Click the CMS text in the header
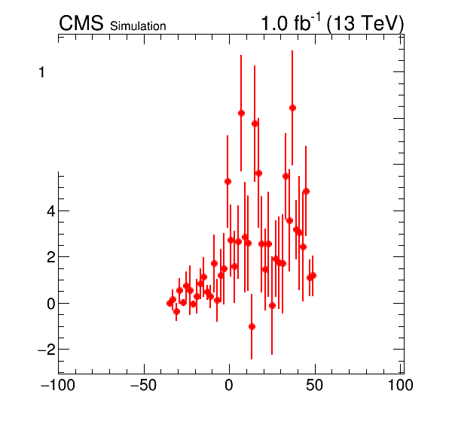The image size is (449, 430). tap(81, 23)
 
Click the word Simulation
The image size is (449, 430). tap(138, 26)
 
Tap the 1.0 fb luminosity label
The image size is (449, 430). tap(291, 23)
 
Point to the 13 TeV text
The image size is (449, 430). tap(365, 23)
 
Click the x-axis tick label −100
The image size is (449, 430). tap(58, 385)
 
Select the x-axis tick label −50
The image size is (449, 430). tap(143, 385)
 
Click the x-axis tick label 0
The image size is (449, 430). tap(229, 385)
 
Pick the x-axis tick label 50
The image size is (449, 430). tap(314, 385)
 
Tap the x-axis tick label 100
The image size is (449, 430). tap(400, 385)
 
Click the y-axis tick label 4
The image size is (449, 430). tap(51, 211)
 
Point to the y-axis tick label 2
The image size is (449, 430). tap(51, 257)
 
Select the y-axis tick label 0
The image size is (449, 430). tap(51, 304)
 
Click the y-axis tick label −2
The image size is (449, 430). tap(47, 350)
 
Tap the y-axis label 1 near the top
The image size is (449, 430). tap(41, 72)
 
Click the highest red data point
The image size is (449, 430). tap(292, 108)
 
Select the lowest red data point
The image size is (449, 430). tap(252, 326)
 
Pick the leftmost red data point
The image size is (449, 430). tap(170, 304)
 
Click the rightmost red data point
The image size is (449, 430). tap(313, 276)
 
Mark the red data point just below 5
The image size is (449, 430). tap(306, 192)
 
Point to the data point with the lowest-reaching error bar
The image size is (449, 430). tap(252, 326)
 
